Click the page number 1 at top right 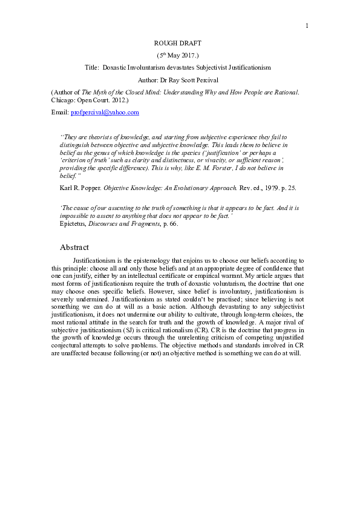(x=307, y=25)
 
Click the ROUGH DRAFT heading (x=180, y=44)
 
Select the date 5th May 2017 (x=180, y=55)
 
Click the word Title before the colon (x=92, y=67)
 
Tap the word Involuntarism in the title (x=168, y=67)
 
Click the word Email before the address (x=60, y=113)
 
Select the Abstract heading (x=74, y=248)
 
